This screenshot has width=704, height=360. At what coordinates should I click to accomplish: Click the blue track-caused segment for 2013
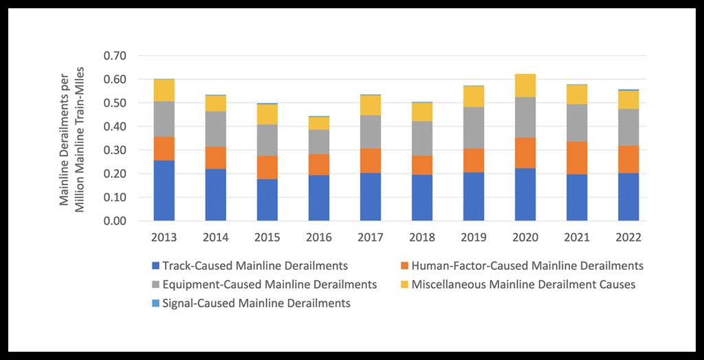click(x=164, y=190)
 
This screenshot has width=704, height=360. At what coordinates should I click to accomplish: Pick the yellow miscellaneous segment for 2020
click(x=525, y=85)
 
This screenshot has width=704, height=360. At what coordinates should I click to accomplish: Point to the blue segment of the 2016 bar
click(x=318, y=198)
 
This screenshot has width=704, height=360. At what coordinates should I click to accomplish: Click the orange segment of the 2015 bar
click(x=267, y=167)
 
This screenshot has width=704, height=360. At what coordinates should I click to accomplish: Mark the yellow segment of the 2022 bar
click(x=628, y=100)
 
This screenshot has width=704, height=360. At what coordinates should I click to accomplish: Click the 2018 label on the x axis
click(x=421, y=238)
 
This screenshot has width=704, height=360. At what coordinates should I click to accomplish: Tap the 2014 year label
click(x=215, y=238)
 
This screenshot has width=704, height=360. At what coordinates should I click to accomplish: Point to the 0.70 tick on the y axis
click(x=115, y=56)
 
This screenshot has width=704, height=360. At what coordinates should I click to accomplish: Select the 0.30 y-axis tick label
click(x=115, y=150)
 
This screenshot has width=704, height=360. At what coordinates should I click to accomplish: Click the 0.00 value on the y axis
click(x=115, y=221)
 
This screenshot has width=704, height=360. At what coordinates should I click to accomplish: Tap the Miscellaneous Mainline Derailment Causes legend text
click(x=523, y=284)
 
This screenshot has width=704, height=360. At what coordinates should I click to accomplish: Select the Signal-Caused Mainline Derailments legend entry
click(x=256, y=303)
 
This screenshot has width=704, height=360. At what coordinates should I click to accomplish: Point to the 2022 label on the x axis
click(x=628, y=238)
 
